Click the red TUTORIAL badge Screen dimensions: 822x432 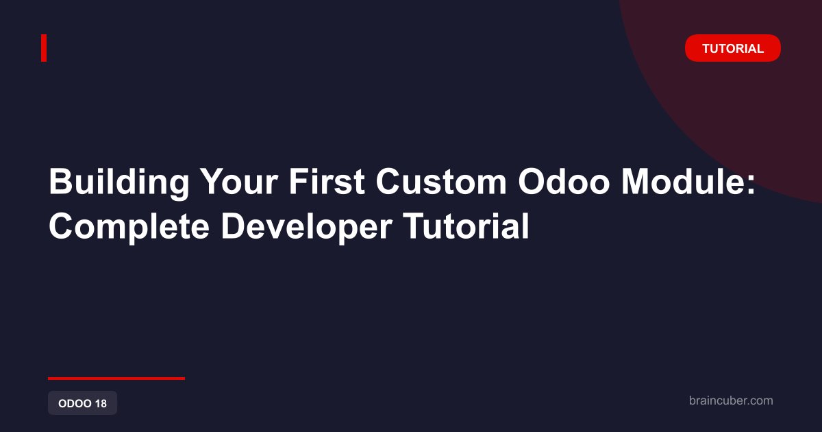733,48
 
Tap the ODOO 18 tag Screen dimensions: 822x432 83,403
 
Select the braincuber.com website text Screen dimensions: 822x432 731,400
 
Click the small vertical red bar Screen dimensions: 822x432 44,48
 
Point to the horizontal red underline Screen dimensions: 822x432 116,379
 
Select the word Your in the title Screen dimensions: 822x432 239,182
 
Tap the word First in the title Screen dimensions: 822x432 327,182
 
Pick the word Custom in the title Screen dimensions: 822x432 441,182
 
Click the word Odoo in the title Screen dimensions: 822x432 564,182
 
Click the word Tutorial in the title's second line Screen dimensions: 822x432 466,226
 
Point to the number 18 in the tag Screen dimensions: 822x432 101,403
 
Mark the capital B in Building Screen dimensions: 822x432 60,182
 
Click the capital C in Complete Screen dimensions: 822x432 62,226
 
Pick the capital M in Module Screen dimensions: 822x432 636,182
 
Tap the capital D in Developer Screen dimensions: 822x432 234,226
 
